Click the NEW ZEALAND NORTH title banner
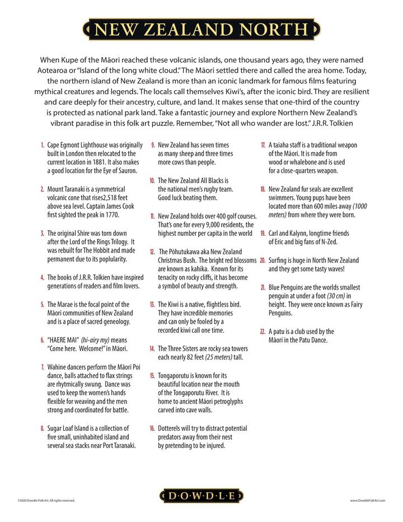[x=201, y=28]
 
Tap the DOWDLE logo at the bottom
[x=201, y=495]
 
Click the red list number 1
[x=43, y=145]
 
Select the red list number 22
[x=263, y=332]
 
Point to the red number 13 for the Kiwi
[x=152, y=304]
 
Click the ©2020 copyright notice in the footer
[x=45, y=500]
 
